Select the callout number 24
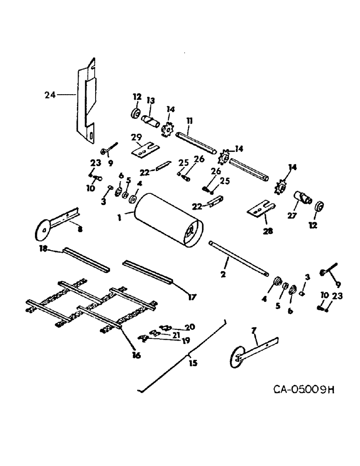pyautogui.click(x=49, y=95)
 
